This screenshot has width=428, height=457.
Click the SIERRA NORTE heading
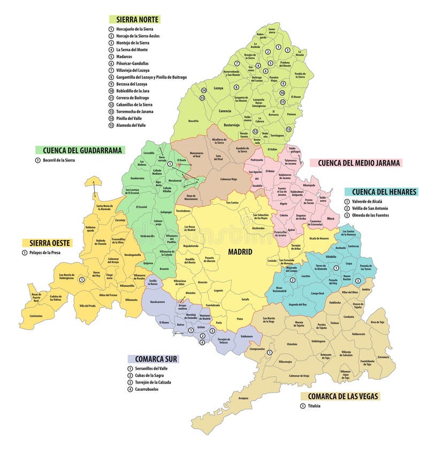134,19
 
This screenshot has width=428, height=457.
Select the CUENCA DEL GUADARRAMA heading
80,150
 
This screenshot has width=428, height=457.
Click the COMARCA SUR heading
152,359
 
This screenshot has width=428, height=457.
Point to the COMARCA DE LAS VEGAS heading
340,396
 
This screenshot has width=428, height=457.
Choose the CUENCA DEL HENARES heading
380,192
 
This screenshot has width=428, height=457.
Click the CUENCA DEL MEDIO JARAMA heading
359,163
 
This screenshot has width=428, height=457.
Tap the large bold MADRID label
240,252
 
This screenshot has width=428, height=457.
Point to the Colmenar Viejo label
227,179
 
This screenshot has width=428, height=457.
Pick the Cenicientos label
36,316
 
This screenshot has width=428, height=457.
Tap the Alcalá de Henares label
319,238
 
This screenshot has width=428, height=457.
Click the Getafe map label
245,299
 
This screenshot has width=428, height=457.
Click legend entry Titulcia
318,406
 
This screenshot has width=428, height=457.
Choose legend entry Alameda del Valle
131,125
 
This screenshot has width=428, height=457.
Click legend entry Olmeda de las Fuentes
377,215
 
